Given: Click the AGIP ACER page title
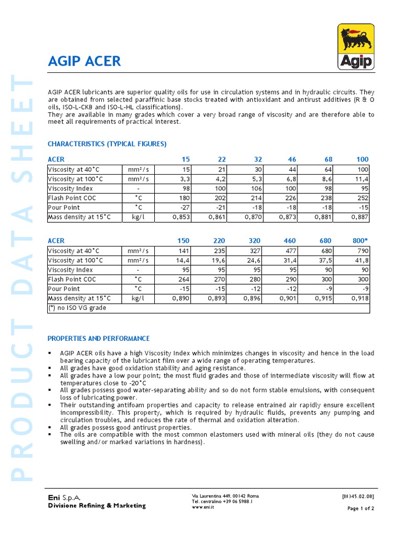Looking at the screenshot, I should pos(84,61).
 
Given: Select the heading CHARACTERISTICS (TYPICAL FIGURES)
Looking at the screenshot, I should pos(107,144).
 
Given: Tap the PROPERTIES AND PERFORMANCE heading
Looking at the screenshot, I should pos(99,339).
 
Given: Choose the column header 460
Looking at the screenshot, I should pos(290,241).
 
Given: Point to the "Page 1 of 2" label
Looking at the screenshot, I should pos(360,508).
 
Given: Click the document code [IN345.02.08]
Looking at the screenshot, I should pos(358,496).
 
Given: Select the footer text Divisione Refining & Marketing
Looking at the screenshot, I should pos(97,506).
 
